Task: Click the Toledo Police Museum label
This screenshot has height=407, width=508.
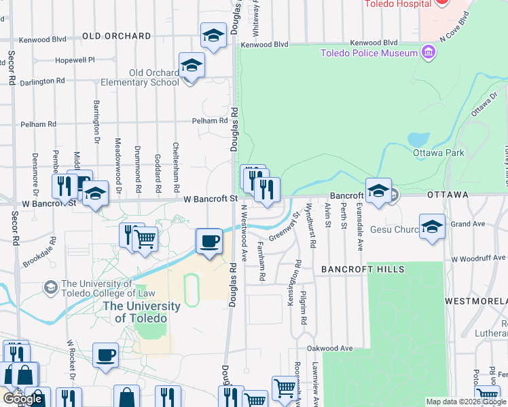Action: [369, 53]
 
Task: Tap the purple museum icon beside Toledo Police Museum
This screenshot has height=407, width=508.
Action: [428, 52]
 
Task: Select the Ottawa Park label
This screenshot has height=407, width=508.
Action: [438, 153]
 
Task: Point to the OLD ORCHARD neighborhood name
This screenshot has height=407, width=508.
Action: [117, 35]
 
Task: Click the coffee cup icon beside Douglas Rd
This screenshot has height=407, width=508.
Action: [209, 241]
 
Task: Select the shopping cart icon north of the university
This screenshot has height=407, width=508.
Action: [145, 239]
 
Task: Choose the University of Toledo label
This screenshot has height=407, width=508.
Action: [141, 312]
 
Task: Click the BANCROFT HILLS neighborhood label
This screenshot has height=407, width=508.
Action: [363, 269]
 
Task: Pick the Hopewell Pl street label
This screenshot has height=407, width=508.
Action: [75, 60]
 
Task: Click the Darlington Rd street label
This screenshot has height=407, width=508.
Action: [42, 81]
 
